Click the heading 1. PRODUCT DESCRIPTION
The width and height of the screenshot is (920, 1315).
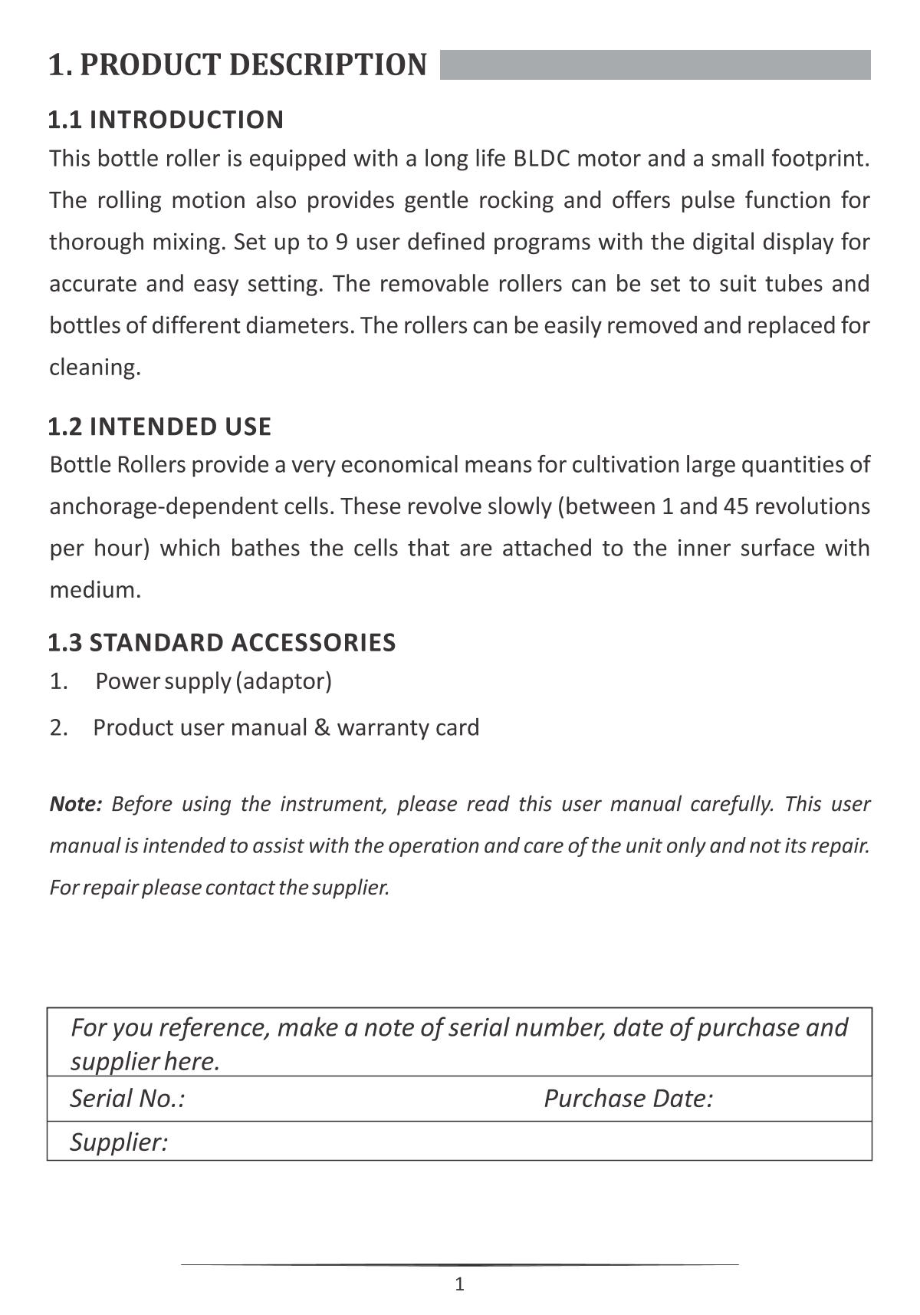238,65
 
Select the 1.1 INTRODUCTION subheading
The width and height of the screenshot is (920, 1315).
166,120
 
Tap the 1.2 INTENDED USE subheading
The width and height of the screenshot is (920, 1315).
159,427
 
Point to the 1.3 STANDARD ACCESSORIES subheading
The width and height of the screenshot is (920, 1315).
222,643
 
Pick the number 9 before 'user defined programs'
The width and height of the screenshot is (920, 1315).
342,242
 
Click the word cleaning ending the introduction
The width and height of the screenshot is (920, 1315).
94,367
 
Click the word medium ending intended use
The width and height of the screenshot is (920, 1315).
94,591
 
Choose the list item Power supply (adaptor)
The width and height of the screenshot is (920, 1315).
213,681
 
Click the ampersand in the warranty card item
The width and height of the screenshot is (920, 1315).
322,728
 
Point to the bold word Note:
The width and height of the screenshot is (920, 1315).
76,804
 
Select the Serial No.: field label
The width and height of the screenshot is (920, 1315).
127,1099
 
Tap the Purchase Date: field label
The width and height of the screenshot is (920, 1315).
629,1099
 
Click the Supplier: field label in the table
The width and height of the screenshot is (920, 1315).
119,1142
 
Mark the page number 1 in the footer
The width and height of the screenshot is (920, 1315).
460,1284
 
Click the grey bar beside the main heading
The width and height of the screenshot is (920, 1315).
655,65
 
